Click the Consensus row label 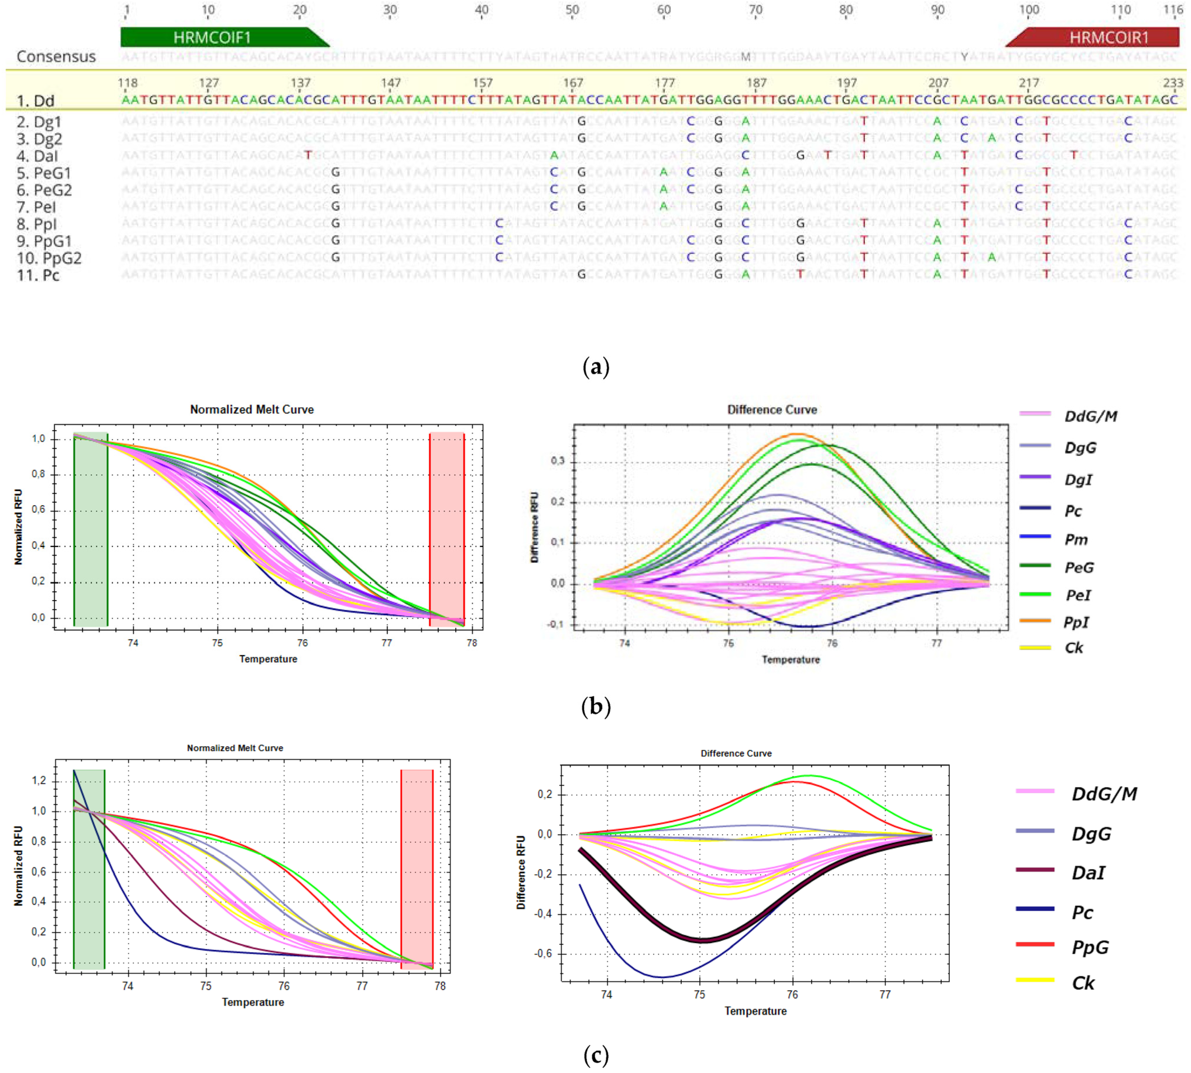tap(56, 56)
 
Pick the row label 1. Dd tap(35, 101)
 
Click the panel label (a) tap(595, 367)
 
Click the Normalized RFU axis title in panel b tap(18, 527)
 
